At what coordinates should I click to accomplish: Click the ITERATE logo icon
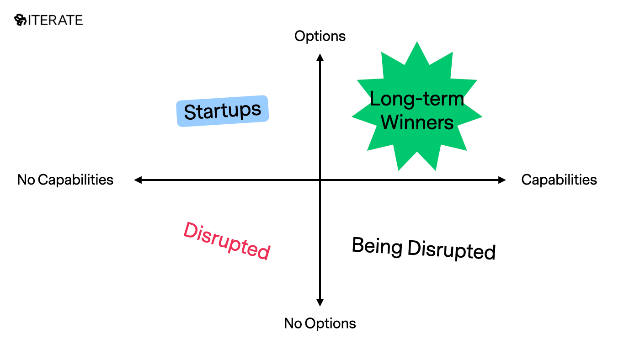[x=21, y=20]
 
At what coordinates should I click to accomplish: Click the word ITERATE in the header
[x=55, y=20]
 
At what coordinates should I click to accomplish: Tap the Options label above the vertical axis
[x=320, y=36]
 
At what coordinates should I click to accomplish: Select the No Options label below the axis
[x=320, y=323]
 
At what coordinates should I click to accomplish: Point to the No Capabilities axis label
[x=65, y=180]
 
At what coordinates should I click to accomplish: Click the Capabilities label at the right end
[x=559, y=180]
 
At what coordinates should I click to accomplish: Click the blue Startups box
[x=223, y=111]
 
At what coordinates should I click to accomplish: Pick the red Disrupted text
[x=227, y=241]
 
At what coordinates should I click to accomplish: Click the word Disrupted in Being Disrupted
[x=451, y=250]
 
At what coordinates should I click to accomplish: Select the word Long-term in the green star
[x=416, y=99]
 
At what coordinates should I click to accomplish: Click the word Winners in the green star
[x=417, y=122]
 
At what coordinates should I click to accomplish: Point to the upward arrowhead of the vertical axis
[x=320, y=57]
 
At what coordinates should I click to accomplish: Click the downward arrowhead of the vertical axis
[x=320, y=303]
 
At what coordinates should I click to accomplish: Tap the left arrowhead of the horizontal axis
[x=138, y=180]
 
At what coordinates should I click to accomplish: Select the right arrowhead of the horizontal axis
[x=502, y=180]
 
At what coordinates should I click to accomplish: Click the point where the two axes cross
[x=320, y=180]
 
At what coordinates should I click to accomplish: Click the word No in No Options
[x=293, y=323]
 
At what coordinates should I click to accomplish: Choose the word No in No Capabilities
[x=26, y=180]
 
